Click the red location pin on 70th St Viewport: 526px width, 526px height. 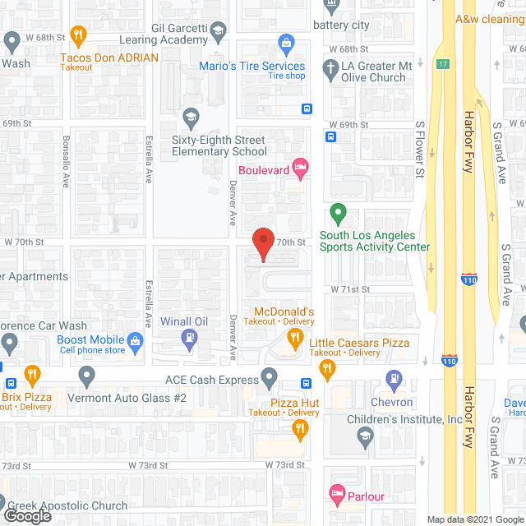coord(263,243)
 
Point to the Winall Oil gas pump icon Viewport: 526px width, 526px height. coord(191,337)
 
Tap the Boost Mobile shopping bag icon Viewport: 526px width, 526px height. coord(136,339)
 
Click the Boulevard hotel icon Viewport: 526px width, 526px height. coord(301,170)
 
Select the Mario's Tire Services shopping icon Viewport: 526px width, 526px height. coord(286,42)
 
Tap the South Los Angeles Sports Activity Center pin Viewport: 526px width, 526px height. coord(337,215)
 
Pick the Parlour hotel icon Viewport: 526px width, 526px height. coord(335,496)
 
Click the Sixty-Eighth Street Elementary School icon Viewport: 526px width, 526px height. coord(191,116)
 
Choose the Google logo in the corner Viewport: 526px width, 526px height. coord(26,515)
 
